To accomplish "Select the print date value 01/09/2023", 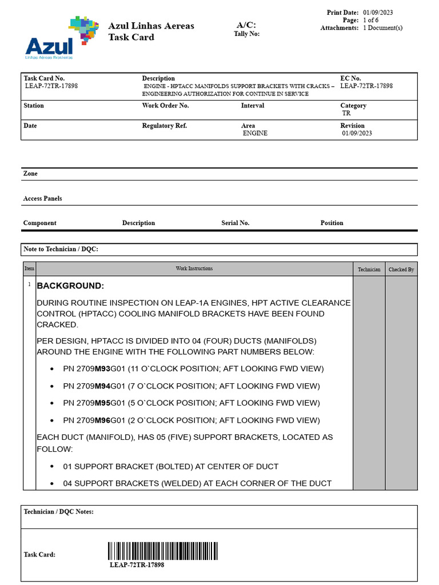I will pyautogui.click(x=378, y=13).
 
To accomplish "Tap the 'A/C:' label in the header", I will pyautogui.click(x=246, y=25).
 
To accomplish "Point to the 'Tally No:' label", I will pyautogui.click(x=246, y=34).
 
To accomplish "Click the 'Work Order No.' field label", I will pyautogui.click(x=165, y=106).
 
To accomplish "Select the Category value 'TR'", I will pyautogui.click(x=346, y=113).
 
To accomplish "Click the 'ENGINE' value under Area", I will pyautogui.click(x=255, y=133).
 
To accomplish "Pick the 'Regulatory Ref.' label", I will pyautogui.click(x=165, y=126).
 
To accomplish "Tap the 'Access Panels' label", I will pyautogui.click(x=42, y=198).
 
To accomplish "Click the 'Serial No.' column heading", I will pyautogui.click(x=235, y=223).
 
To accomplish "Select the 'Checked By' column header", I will pyautogui.click(x=401, y=269).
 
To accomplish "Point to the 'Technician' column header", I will pyautogui.click(x=369, y=269).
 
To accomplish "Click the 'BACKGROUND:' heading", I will pyautogui.click(x=70, y=286).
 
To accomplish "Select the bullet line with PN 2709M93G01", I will pyautogui.click(x=193, y=368).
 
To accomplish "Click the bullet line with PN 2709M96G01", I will pyautogui.click(x=191, y=420).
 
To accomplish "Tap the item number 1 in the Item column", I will pyautogui.click(x=29, y=284).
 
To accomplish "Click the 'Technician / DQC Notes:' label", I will pyautogui.click(x=58, y=512).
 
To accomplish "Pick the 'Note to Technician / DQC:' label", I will pyautogui.click(x=61, y=249).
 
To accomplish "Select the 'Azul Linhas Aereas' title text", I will pyautogui.click(x=151, y=26).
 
